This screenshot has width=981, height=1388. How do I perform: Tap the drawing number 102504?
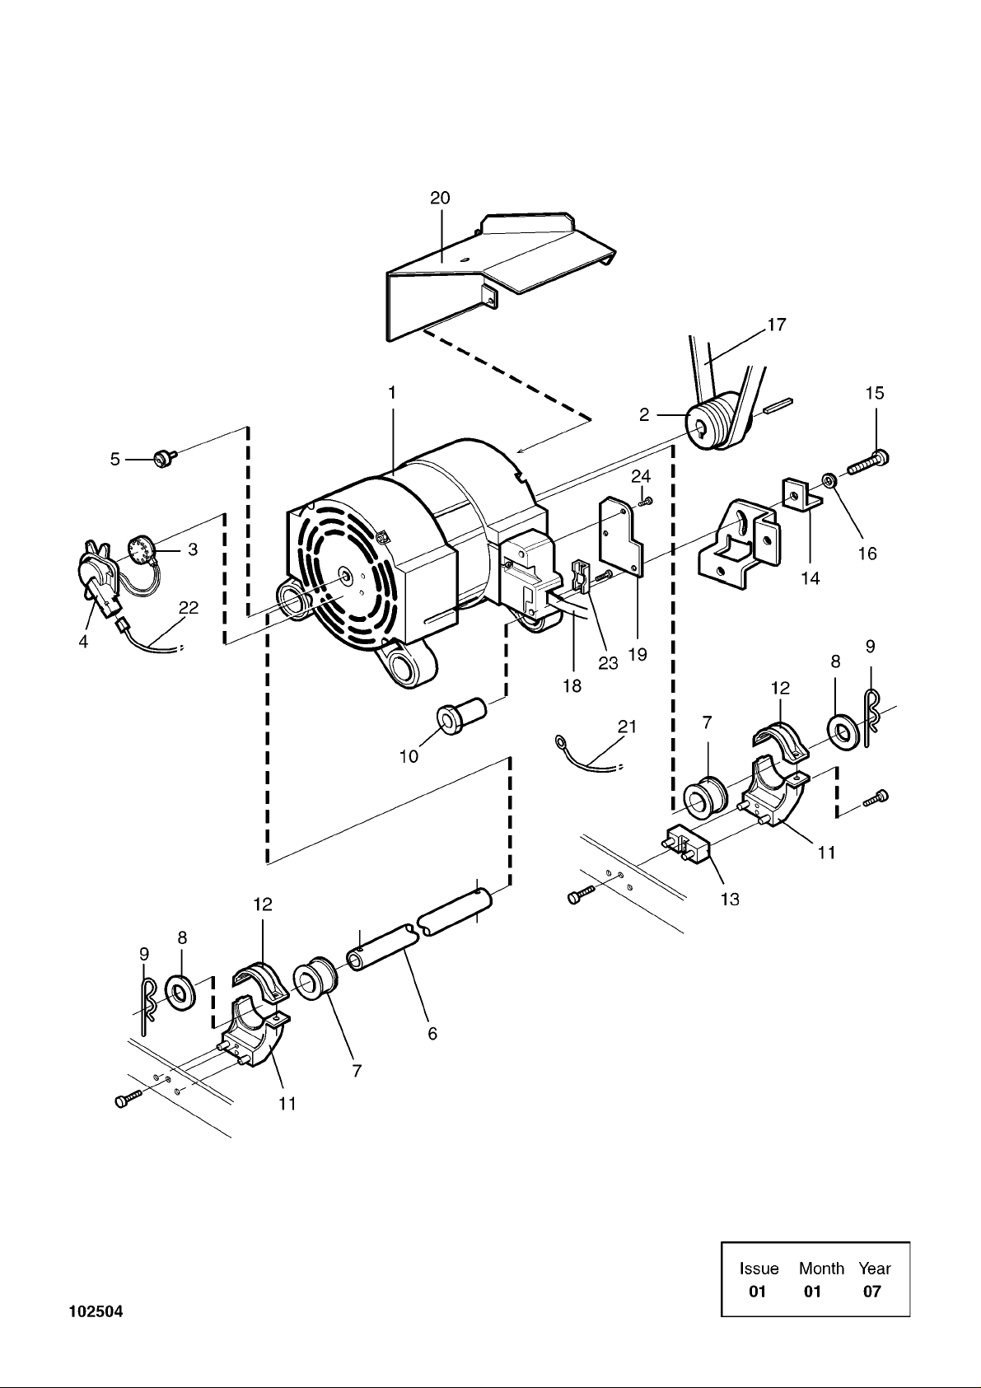coord(96,1311)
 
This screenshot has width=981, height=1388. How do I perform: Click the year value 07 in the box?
coord(872,1292)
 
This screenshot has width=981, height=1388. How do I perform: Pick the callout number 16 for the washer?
coord(867,553)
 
